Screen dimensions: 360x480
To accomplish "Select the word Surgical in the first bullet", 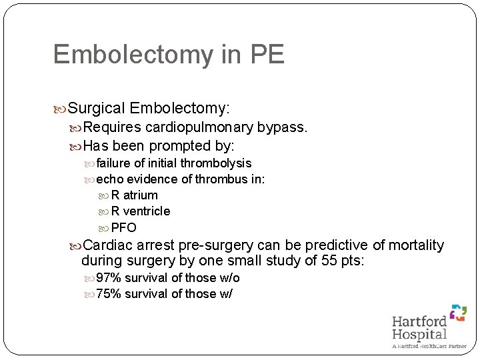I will (97, 108).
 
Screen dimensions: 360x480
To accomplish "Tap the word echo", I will (109, 179).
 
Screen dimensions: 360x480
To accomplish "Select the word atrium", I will (141, 195).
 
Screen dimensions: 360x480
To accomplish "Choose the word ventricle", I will (147, 211).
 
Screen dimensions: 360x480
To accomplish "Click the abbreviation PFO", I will (123, 227).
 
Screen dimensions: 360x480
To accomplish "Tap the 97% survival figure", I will (109, 278).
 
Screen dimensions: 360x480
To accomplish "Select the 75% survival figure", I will (109, 294).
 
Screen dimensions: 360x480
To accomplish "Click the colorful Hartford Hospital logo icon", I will (457, 313).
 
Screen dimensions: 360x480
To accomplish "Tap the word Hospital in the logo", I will (419, 334).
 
